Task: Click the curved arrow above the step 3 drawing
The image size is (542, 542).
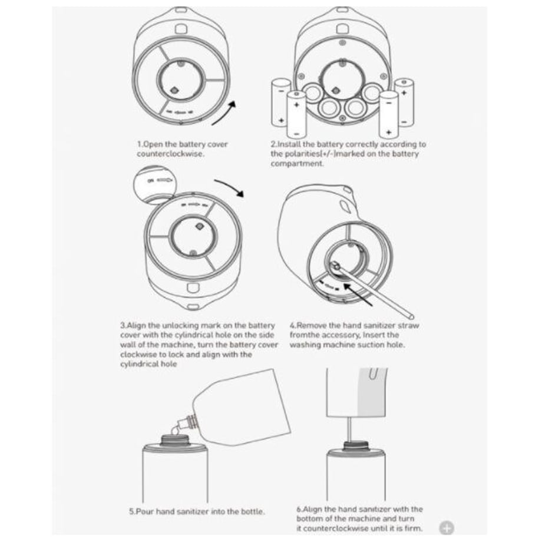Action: click(x=230, y=187)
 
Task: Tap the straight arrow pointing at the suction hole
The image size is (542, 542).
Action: click(x=357, y=294)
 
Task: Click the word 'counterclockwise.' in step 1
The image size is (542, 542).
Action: click(x=170, y=154)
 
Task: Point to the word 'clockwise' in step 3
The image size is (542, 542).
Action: click(x=138, y=354)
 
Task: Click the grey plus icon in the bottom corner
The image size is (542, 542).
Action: click(x=447, y=528)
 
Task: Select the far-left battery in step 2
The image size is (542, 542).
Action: click(x=280, y=103)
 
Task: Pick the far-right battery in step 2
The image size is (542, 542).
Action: click(x=404, y=103)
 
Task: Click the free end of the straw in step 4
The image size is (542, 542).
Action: click(x=411, y=316)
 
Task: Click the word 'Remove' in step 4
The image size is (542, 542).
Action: click(x=312, y=325)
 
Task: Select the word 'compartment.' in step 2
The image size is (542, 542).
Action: click(x=298, y=164)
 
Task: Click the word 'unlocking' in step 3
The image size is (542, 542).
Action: click(x=180, y=325)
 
